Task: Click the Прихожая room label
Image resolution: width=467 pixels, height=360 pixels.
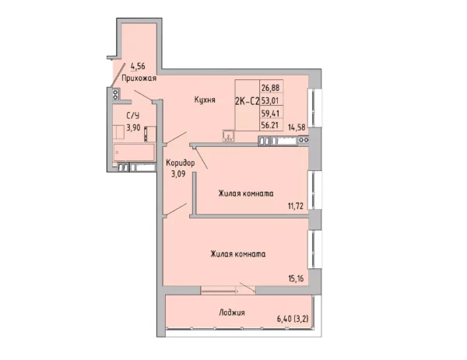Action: point(139,79)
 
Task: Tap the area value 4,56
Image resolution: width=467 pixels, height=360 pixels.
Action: point(138,66)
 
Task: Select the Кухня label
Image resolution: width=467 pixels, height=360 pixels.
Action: point(205,100)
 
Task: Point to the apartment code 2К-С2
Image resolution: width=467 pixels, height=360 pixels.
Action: point(248,101)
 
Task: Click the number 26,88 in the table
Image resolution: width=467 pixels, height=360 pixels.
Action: point(270,88)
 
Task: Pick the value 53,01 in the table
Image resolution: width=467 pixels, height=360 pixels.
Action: point(270,100)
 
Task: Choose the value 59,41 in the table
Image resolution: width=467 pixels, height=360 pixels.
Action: point(270,113)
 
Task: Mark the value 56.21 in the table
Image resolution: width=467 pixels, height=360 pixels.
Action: point(270,125)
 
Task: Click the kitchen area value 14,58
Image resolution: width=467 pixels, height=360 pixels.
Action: point(297,128)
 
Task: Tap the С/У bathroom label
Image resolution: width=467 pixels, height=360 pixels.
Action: point(133,115)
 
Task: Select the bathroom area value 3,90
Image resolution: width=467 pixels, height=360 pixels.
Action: point(133,128)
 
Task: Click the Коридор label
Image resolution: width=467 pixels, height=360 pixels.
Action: point(181,163)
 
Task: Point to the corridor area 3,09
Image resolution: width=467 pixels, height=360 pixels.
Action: point(178,173)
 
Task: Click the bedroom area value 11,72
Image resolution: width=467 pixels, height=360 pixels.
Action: point(296,205)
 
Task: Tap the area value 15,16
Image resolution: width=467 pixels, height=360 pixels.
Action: point(296,279)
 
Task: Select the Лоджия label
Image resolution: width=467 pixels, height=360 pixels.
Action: point(232,313)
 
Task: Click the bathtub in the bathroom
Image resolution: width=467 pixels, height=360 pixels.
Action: point(134,152)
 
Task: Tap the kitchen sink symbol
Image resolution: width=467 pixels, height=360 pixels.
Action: point(228,136)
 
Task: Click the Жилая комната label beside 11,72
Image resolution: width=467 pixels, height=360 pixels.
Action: point(246,194)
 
